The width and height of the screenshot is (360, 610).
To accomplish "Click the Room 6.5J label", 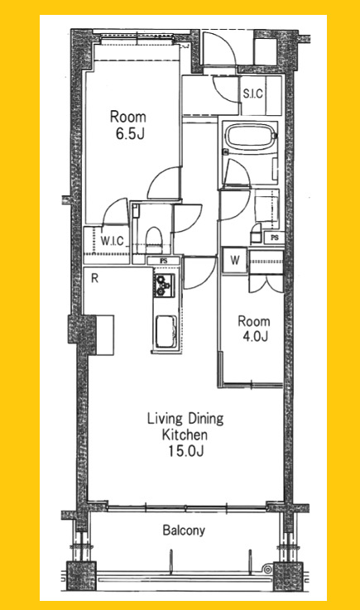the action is point(127,125).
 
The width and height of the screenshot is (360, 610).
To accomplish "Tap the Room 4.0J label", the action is point(254,329).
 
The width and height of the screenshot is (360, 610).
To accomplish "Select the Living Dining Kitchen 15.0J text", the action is point(185,435).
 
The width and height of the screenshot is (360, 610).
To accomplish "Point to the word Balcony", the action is point(184,531).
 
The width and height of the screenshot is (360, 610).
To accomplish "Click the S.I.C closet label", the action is point(253,94).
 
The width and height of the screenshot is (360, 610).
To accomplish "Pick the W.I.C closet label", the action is point(112,241).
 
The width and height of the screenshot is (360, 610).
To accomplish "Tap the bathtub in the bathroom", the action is point(250,137).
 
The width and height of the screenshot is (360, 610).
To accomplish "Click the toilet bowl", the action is point(154,238).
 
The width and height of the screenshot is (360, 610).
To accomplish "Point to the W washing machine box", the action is point(234,260).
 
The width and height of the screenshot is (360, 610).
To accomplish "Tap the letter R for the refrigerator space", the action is point(94,278).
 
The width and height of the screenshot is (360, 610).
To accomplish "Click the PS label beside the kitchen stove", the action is point(164,261).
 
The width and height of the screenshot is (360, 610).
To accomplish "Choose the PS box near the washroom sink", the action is point(275,238).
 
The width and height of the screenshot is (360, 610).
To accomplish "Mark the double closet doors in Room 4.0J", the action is point(266,284).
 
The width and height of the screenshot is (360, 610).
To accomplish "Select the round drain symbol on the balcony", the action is point(267,569).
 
